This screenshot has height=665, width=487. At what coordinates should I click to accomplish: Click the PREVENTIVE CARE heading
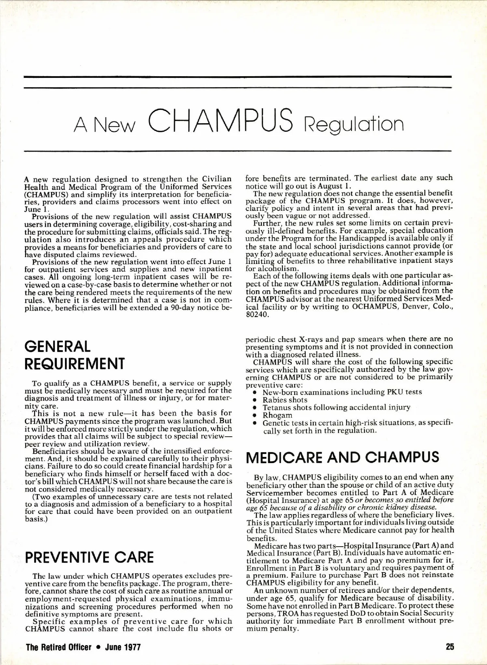(x=89, y=558)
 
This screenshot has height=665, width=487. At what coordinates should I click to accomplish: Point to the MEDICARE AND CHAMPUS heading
(x=343, y=457)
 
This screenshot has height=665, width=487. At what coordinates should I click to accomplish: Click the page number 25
(x=450, y=647)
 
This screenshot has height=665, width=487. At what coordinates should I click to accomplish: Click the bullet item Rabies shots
(x=285, y=400)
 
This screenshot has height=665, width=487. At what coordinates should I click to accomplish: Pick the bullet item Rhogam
(x=277, y=415)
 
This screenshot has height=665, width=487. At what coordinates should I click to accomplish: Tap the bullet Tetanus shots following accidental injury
(x=336, y=408)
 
